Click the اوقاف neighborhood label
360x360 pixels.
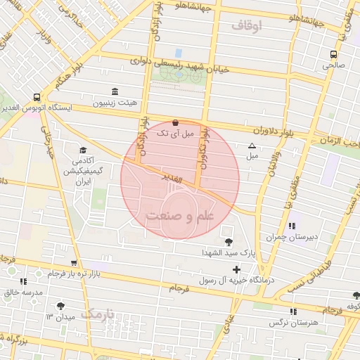(x=245, y=26)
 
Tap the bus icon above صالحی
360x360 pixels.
(x=333, y=53)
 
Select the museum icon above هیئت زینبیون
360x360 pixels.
(x=115, y=91)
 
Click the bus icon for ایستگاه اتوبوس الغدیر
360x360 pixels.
(x=37, y=98)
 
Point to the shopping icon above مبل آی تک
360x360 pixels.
(x=174, y=122)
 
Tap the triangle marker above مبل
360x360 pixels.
(x=252, y=146)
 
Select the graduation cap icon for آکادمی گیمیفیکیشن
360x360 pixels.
(x=84, y=150)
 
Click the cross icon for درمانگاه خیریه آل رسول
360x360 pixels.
(x=236, y=269)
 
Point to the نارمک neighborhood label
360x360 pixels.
(x=96, y=314)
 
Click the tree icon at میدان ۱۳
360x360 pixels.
(x=60, y=307)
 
